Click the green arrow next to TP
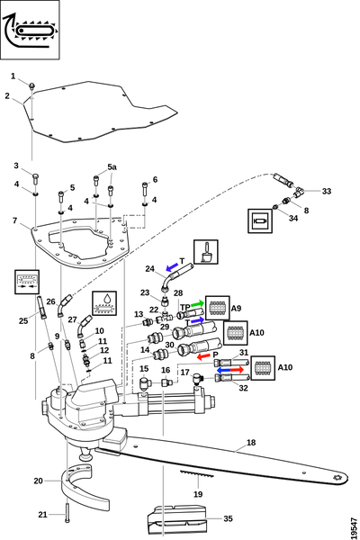click(197, 304)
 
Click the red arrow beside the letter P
click(203, 356)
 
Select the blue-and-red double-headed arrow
click(230, 370)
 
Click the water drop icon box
click(104, 303)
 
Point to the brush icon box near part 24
click(206, 252)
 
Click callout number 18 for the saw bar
click(251, 442)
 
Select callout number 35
click(228, 518)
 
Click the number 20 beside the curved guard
click(38, 481)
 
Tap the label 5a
click(112, 167)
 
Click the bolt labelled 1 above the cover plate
click(31, 85)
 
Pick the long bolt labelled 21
click(67, 513)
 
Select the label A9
click(236, 308)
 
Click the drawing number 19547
click(354, 527)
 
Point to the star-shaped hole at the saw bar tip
click(337, 478)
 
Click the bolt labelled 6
click(145, 189)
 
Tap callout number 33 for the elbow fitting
click(326, 191)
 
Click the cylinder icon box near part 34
click(260, 220)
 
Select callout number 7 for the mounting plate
click(14, 220)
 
